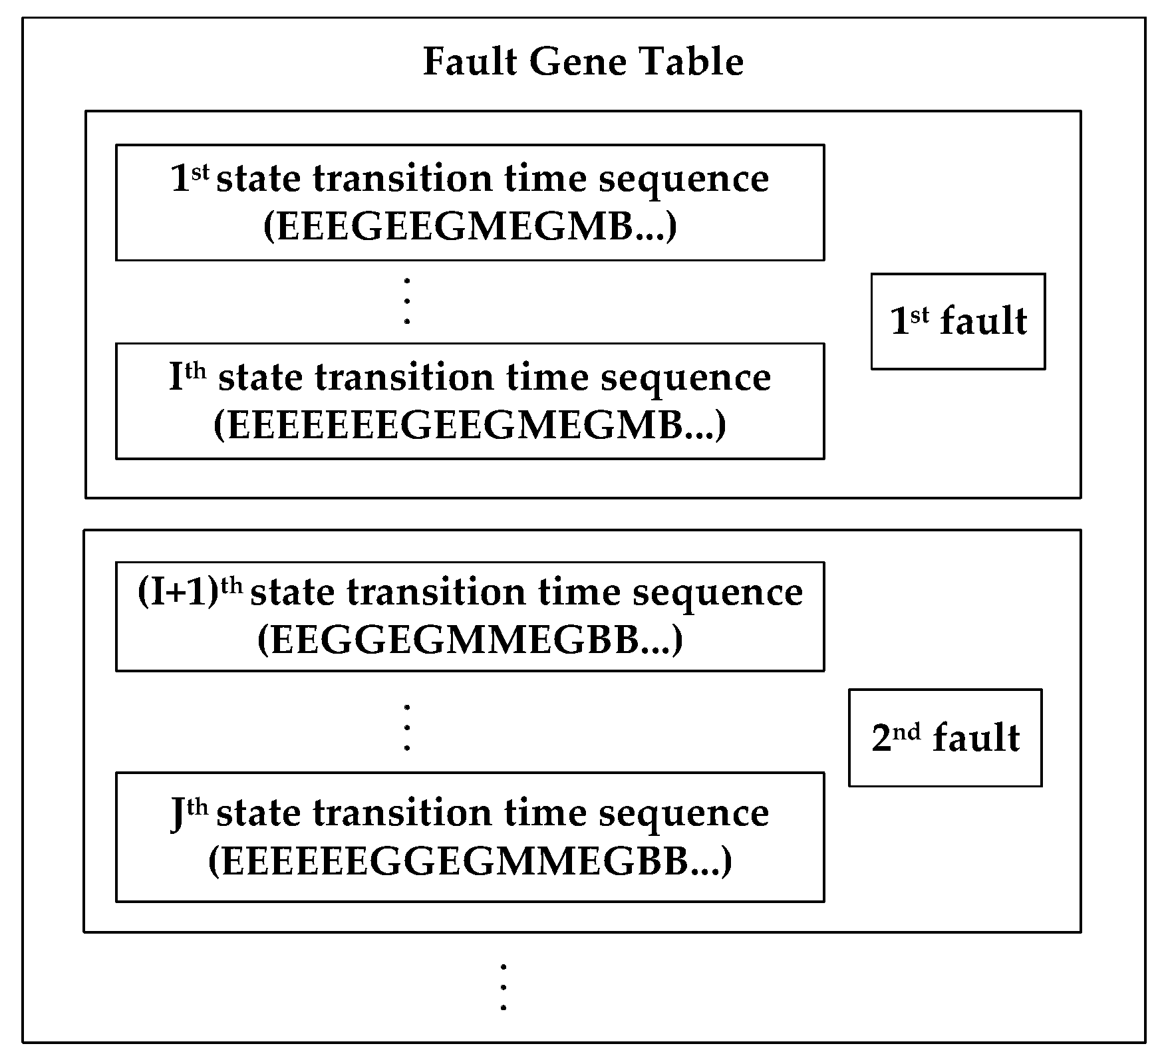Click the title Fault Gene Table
[x=583, y=62]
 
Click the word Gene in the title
[x=578, y=62]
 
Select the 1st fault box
[x=958, y=321]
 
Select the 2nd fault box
[x=944, y=738]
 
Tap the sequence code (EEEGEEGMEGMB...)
[x=470, y=227]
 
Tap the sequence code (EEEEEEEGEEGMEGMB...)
[x=470, y=425]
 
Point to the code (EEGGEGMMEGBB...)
[x=470, y=640]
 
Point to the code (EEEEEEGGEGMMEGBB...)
[x=470, y=861]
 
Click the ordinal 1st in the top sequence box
[x=190, y=178]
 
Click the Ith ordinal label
[x=188, y=377]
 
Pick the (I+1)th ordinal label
[x=190, y=593]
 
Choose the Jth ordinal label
[x=189, y=813]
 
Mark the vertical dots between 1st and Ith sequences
[x=407, y=301]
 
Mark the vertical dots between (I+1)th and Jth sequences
[x=407, y=726]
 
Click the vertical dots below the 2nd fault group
[x=504, y=987]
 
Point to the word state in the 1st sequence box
[x=258, y=178]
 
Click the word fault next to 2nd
[x=976, y=738]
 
